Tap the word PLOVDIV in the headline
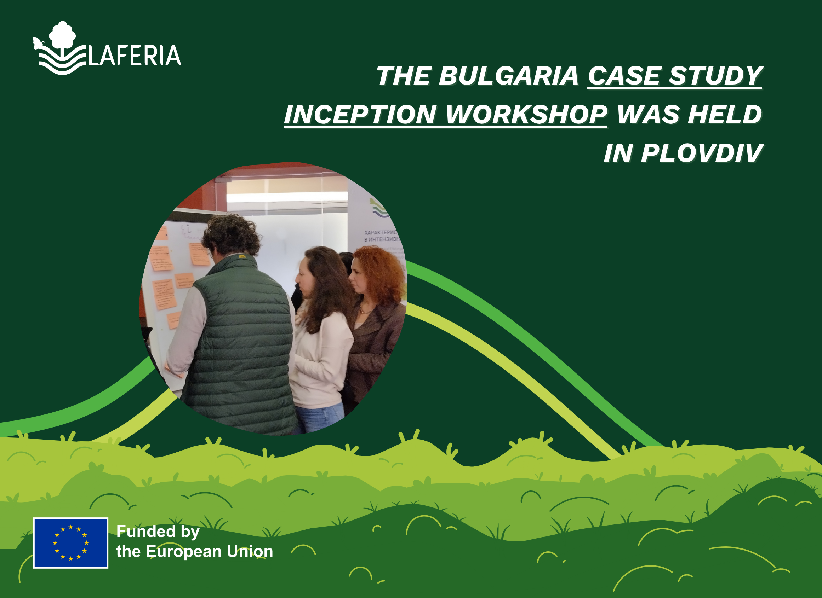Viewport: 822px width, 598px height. tap(702, 153)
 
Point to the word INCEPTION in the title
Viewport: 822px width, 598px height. tap(360, 115)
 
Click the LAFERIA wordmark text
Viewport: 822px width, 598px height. tap(135, 56)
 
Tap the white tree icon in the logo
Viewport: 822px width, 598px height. tap(62, 35)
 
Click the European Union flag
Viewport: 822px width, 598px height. tap(71, 542)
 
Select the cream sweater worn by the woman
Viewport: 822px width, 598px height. tap(322, 362)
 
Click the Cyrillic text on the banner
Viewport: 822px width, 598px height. tap(381, 236)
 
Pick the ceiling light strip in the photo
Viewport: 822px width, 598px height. tap(286, 197)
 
